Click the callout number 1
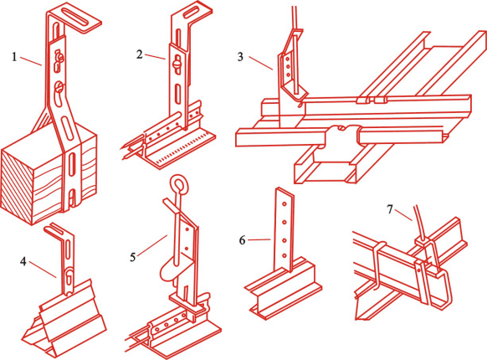click(x=14, y=57)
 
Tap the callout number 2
click(x=140, y=54)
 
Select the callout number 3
click(x=240, y=57)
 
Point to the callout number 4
click(x=23, y=261)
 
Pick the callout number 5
click(x=133, y=257)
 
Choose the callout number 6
click(x=243, y=240)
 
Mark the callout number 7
click(x=390, y=209)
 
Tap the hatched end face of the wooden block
click(x=17, y=187)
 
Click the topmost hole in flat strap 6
click(x=284, y=204)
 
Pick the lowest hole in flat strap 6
click(x=285, y=255)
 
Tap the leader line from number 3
click(x=260, y=64)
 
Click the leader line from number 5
click(x=152, y=245)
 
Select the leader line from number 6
click(x=259, y=239)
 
